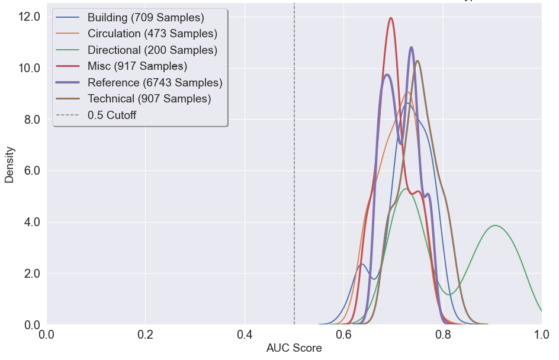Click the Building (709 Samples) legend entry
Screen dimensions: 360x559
[145, 17]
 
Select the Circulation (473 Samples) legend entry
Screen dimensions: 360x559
[152, 34]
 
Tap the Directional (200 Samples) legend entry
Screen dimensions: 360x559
[152, 50]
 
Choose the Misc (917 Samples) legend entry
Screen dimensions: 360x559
[137, 66]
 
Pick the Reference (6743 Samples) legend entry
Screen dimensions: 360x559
[155, 82]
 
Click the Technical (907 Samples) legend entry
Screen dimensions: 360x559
[149, 99]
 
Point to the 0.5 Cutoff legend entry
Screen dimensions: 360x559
[111, 115]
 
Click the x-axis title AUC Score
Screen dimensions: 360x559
[294, 348]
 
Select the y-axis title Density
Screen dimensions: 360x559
[9, 164]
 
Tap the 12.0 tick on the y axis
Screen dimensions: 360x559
[29, 17]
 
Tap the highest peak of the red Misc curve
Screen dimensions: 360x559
[391, 18]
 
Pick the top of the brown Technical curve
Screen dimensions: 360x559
[417, 61]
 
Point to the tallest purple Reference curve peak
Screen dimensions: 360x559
[411, 47]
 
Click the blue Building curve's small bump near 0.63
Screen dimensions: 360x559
[361, 264]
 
